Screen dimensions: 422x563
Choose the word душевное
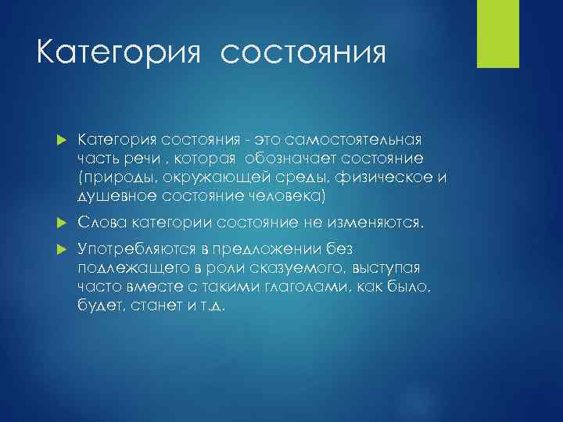click(117, 195)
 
